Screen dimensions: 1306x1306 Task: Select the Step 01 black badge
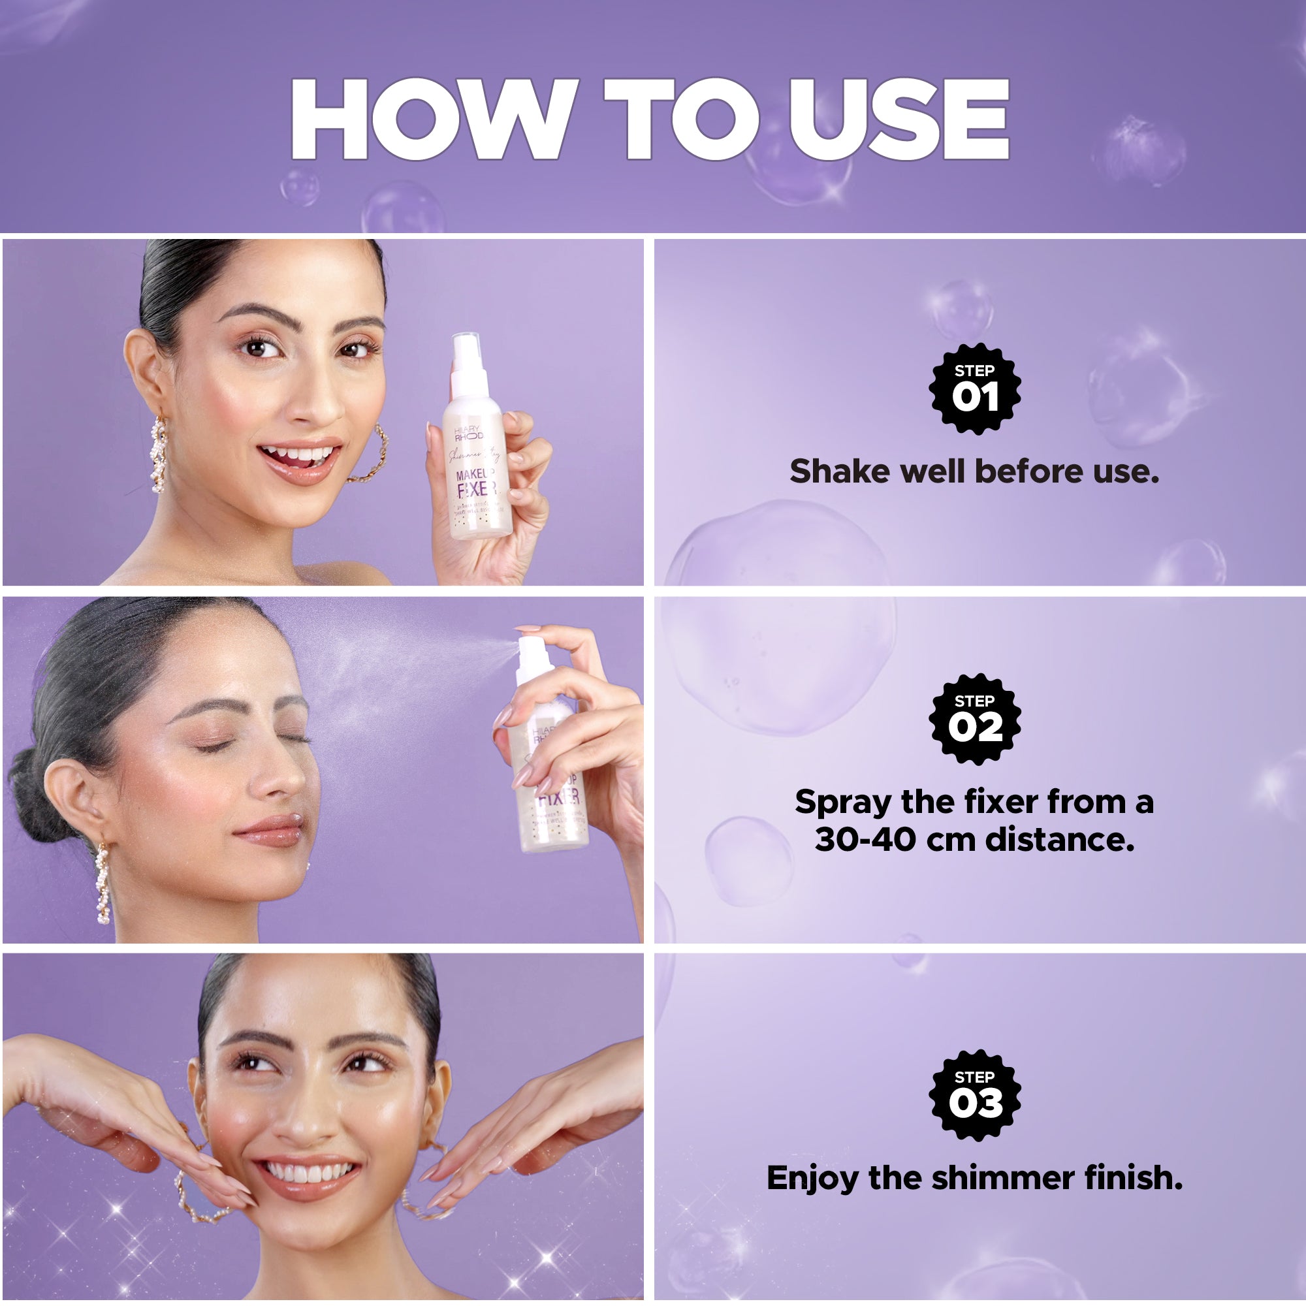974,389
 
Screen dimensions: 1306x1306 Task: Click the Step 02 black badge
974,720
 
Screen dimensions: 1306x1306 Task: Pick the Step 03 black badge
974,1096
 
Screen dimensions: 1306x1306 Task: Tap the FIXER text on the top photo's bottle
477,489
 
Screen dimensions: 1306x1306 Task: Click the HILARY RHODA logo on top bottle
468,434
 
